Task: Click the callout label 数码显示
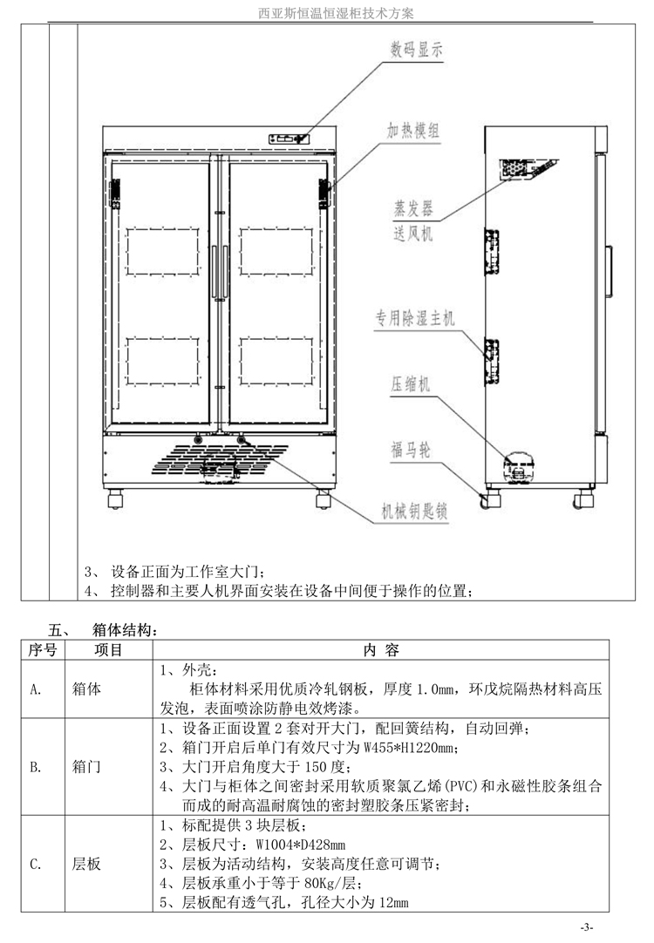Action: point(417,51)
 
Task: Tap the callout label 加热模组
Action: point(413,131)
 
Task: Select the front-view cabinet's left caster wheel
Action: point(115,499)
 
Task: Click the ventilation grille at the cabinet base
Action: point(219,461)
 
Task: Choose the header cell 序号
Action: point(43,650)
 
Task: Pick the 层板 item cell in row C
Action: point(87,864)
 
